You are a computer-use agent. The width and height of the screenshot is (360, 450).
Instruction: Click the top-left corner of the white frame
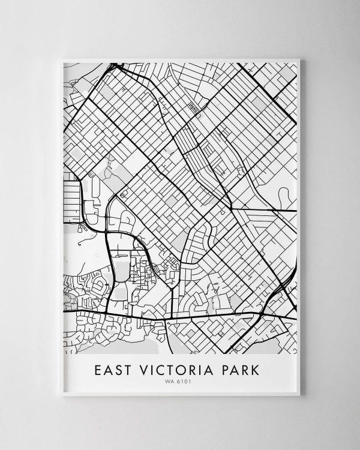pyautogui.click(x=62, y=59)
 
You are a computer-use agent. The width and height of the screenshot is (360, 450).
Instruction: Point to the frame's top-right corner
pyautogui.click(x=299, y=59)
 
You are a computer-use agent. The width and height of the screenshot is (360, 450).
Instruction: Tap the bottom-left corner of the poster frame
pyautogui.click(x=62, y=395)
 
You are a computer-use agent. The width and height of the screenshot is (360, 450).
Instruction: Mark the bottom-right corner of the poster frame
pyautogui.click(x=299, y=395)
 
